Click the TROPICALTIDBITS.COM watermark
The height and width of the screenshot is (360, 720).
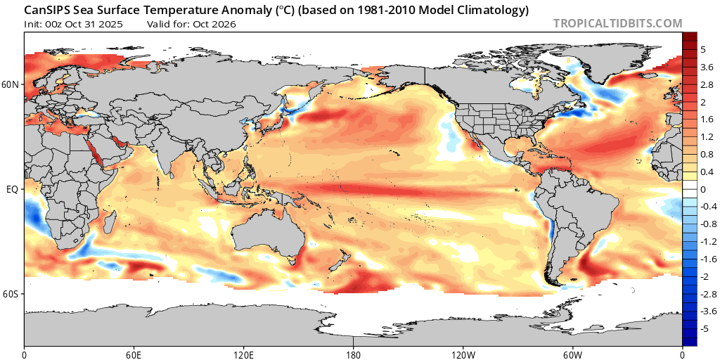(617, 23)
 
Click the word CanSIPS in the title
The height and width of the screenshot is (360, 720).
(48, 10)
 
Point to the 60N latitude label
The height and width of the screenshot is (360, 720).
(11, 84)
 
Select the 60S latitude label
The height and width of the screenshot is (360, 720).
(11, 293)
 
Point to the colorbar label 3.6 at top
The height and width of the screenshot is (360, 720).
(707, 66)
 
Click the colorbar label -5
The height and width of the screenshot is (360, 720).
(705, 328)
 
